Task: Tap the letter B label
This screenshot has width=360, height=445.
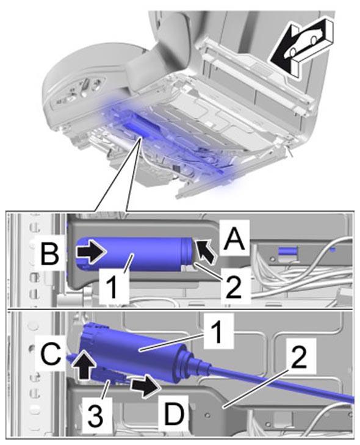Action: point(50,253)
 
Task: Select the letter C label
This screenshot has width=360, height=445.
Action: point(50,353)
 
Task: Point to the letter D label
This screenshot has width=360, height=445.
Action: point(174,412)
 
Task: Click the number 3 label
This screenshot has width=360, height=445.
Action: point(95,415)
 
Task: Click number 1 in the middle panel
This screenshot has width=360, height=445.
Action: point(113,286)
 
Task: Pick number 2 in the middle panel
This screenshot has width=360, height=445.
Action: point(233,287)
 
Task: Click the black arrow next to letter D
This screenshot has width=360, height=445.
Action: point(145,385)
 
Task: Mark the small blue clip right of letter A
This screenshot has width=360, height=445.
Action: point(287,251)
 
